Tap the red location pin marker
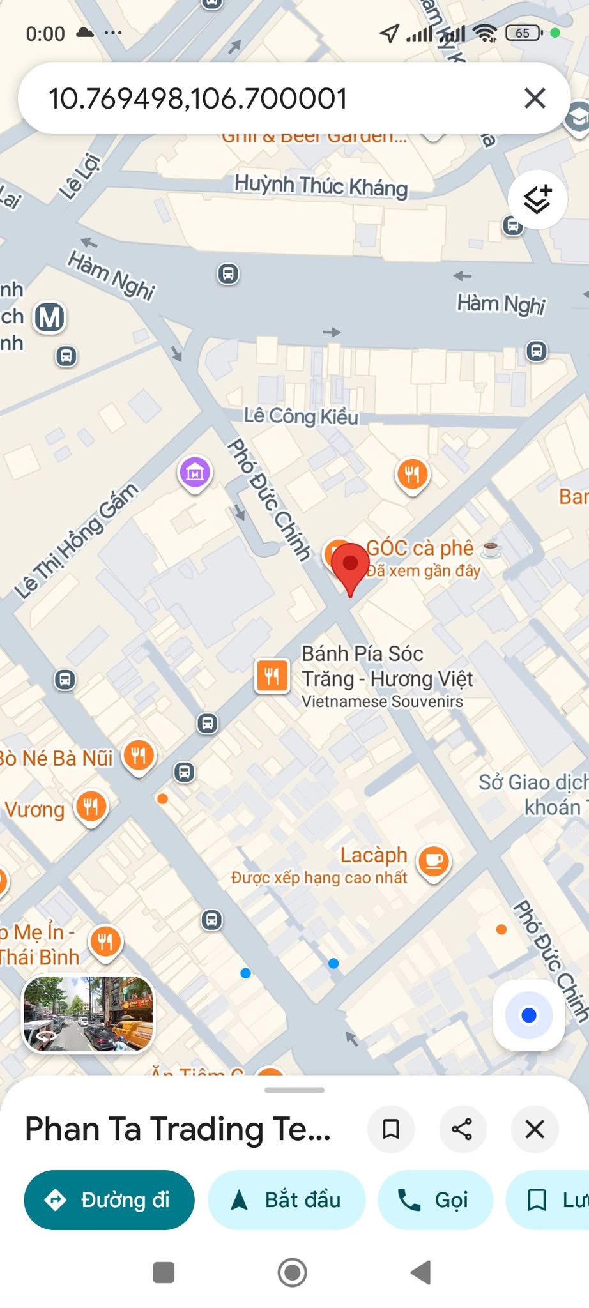(350, 566)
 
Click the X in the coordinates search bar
(535, 98)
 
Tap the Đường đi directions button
(109, 1199)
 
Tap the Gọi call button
(435, 1199)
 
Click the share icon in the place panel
(462, 1129)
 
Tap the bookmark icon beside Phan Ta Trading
(390, 1129)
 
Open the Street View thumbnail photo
(88, 1014)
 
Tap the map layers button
(537, 199)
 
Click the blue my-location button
(528, 1015)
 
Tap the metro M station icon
(50, 317)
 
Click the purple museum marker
(195, 473)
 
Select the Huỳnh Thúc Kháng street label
(321, 186)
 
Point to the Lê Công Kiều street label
(301, 416)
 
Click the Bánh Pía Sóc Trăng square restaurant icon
(272, 676)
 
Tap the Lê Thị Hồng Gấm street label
(77, 540)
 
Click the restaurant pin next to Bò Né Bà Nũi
(139, 756)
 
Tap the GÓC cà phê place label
(420, 548)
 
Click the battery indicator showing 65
(523, 33)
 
